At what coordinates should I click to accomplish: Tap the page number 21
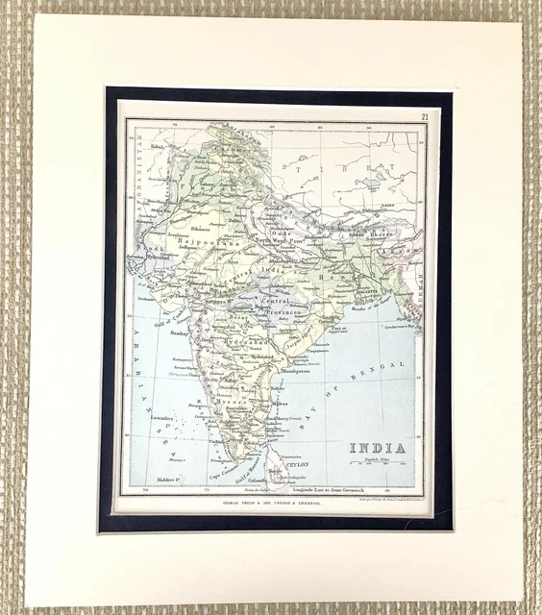pyautogui.click(x=425, y=117)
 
